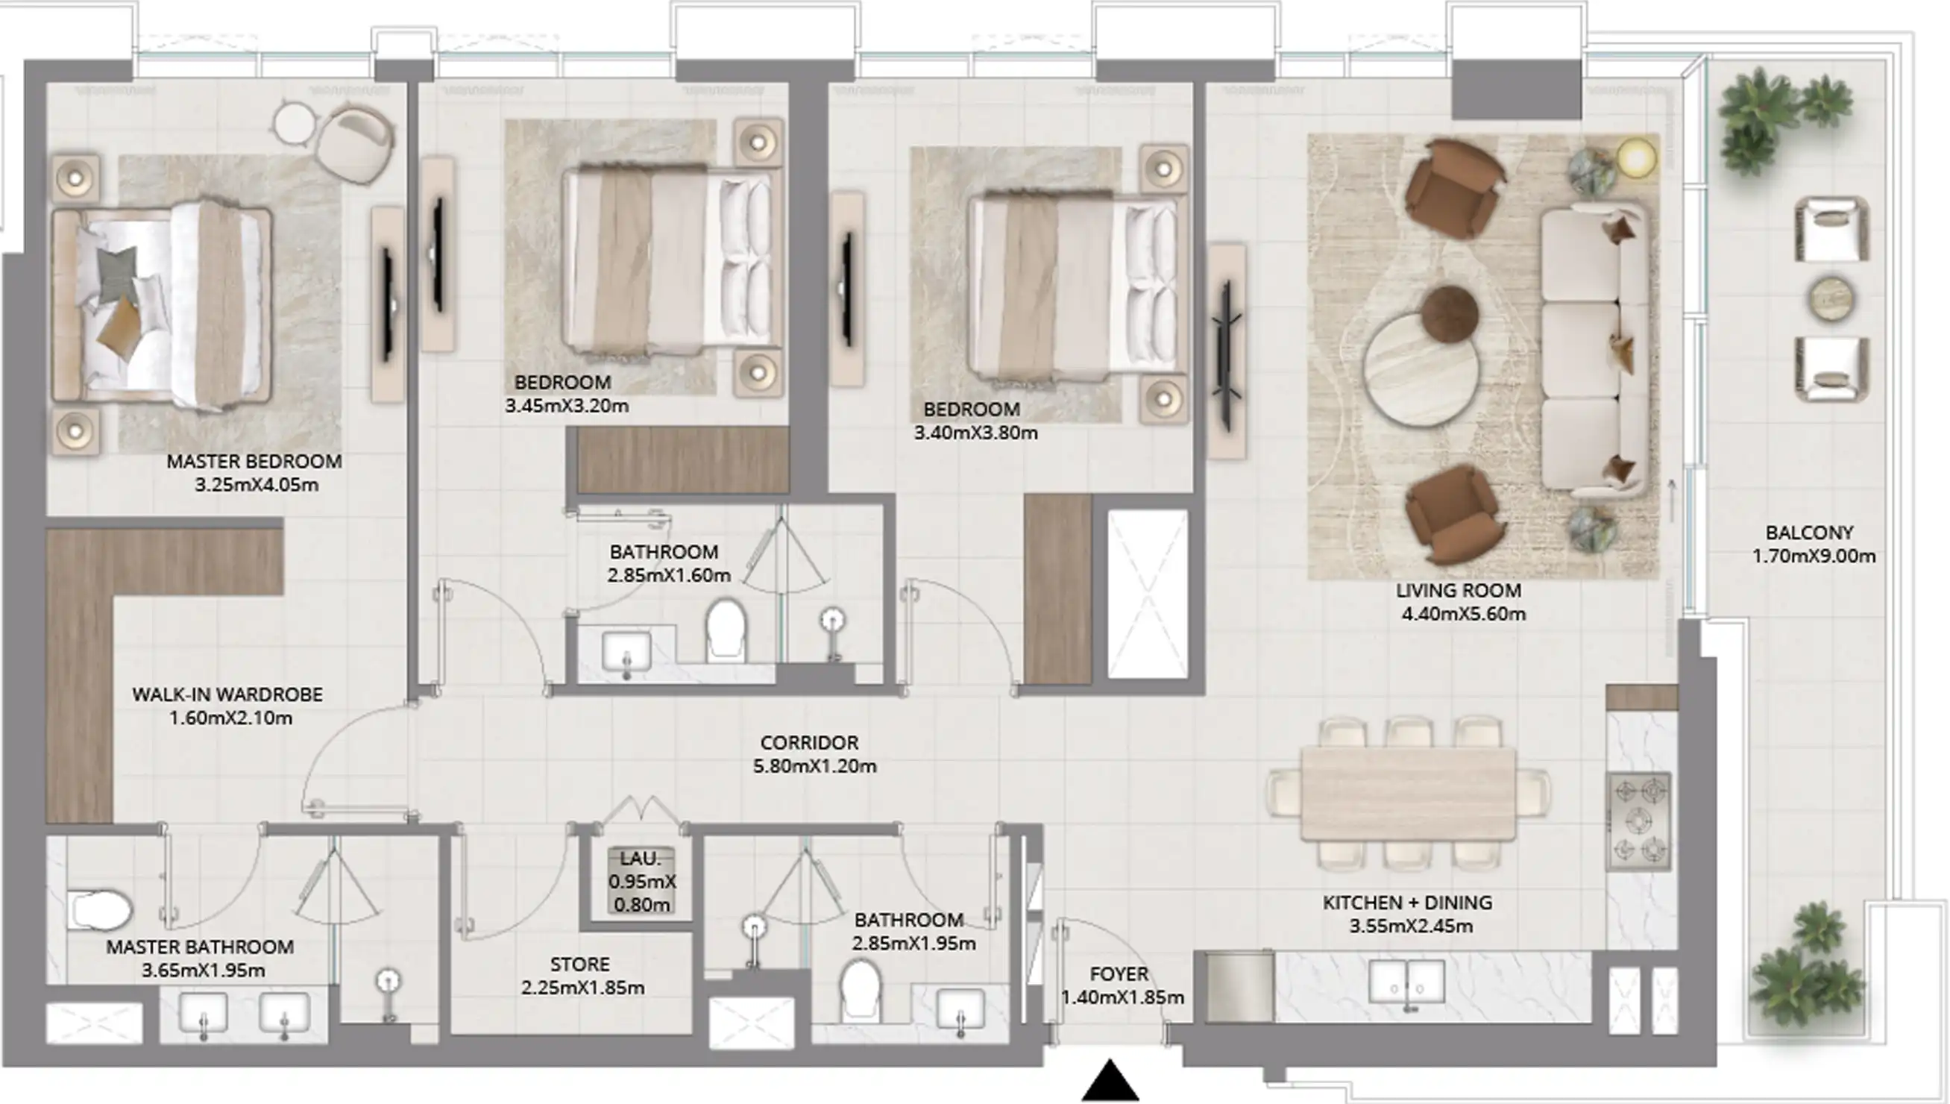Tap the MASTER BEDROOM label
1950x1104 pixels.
pyautogui.click(x=254, y=461)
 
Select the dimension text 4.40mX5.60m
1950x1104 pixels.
pyautogui.click(x=1464, y=614)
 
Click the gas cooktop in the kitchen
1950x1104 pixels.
pyautogui.click(x=1638, y=821)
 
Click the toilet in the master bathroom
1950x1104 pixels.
pyautogui.click(x=99, y=910)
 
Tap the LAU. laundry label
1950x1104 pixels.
pyautogui.click(x=641, y=859)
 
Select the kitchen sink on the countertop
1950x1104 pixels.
pyautogui.click(x=1406, y=982)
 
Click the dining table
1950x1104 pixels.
pyautogui.click(x=1408, y=793)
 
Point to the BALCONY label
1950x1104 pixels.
pyautogui.click(x=1809, y=533)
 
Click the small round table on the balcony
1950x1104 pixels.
pyautogui.click(x=1831, y=298)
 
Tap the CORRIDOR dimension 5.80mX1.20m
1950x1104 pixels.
pyautogui.click(x=815, y=767)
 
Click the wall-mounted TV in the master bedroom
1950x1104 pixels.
pyautogui.click(x=387, y=304)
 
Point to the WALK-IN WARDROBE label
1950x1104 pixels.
pyautogui.click(x=227, y=694)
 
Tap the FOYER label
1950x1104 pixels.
pyautogui.click(x=1119, y=974)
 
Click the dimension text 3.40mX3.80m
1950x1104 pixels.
pyautogui.click(x=975, y=433)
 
